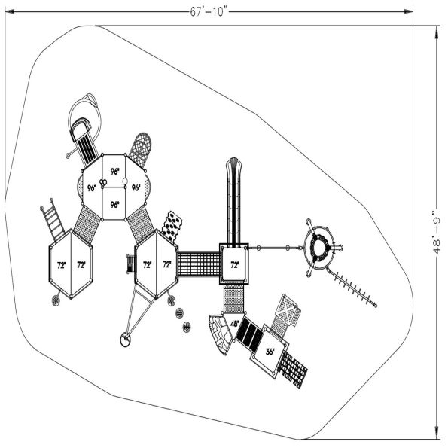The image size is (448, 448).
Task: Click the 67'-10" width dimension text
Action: pyautogui.click(x=209, y=12)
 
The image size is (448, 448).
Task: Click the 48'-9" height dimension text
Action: pyautogui.click(x=436, y=233)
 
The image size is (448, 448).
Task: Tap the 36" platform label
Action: pyautogui.click(x=270, y=352)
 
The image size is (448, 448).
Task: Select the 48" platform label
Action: pyautogui.click(x=235, y=324)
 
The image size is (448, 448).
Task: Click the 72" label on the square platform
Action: pyautogui.click(x=235, y=265)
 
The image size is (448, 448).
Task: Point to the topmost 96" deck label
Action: pyautogui.click(x=115, y=172)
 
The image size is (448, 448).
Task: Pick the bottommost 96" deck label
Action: pyautogui.click(x=114, y=205)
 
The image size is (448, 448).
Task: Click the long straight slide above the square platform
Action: pyautogui.click(x=233, y=203)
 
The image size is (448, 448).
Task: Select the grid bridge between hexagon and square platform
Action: pyautogui.click(x=199, y=264)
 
